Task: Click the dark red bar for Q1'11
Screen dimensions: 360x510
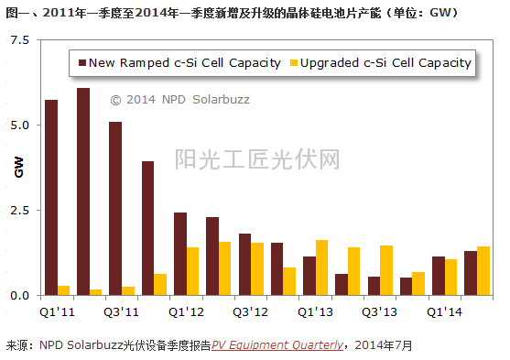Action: pos(51,197)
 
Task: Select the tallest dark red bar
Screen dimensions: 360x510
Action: pos(83,191)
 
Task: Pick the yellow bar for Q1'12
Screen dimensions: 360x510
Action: pos(192,271)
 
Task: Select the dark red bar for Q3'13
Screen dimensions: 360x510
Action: pos(374,286)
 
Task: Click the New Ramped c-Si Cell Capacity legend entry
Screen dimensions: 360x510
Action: pos(179,63)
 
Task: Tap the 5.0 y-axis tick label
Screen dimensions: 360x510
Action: pos(19,125)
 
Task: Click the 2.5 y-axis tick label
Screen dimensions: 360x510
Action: pos(19,211)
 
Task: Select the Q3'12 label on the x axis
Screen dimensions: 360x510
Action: pos(251,310)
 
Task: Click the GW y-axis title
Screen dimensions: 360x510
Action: pos(18,168)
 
